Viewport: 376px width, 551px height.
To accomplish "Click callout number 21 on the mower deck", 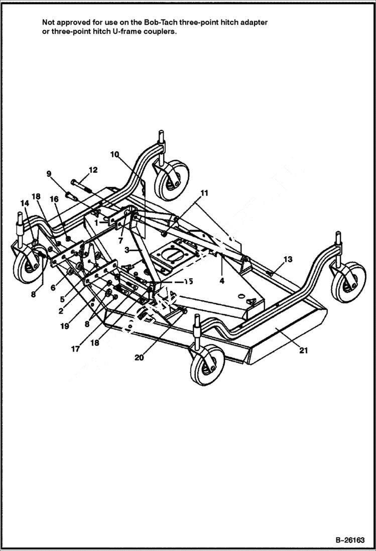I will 303,351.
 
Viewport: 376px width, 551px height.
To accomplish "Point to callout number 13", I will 288,259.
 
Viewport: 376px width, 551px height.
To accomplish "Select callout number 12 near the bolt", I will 92,170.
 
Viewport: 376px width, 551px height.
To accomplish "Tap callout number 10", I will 114,154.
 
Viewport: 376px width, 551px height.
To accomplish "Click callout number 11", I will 204,192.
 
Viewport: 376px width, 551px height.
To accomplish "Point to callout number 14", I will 24,203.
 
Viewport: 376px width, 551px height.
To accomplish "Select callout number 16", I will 54,199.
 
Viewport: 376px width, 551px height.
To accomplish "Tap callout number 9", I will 49,174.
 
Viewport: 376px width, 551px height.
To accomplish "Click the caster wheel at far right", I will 348,281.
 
